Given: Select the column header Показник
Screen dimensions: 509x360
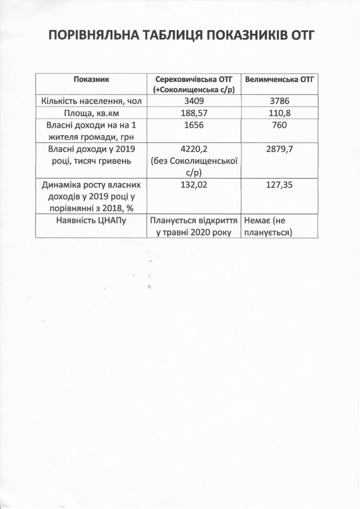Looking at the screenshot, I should pyautogui.click(x=92, y=79).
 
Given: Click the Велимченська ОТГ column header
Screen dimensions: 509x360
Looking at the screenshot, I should pyautogui.click(x=280, y=79).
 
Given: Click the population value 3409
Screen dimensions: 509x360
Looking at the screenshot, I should pyautogui.click(x=194, y=101).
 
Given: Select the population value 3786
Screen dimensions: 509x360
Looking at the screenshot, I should pyautogui.click(x=280, y=101).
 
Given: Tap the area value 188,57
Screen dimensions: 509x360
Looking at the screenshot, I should pyautogui.click(x=194, y=113).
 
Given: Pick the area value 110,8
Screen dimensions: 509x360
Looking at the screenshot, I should pyautogui.click(x=280, y=113).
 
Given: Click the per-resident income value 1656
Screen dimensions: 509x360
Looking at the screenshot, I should pyautogui.click(x=194, y=125).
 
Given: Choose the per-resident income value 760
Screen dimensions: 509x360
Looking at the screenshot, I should pyautogui.click(x=280, y=125).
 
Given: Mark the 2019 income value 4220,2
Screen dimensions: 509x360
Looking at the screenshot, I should pyautogui.click(x=194, y=149).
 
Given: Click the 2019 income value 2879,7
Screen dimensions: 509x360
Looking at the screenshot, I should pyautogui.click(x=280, y=149).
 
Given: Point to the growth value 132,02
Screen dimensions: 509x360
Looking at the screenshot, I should pyautogui.click(x=194, y=186).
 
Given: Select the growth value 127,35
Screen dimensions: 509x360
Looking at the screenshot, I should pyautogui.click(x=280, y=186).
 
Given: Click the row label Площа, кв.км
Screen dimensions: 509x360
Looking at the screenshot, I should pyautogui.click(x=92, y=113).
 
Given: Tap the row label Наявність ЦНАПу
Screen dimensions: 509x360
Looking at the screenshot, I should pyautogui.click(x=92, y=221).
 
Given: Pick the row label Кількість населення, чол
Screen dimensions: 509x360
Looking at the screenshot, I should pyautogui.click(x=92, y=101).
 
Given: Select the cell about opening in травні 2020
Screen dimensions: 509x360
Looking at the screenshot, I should pyautogui.click(x=194, y=226).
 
